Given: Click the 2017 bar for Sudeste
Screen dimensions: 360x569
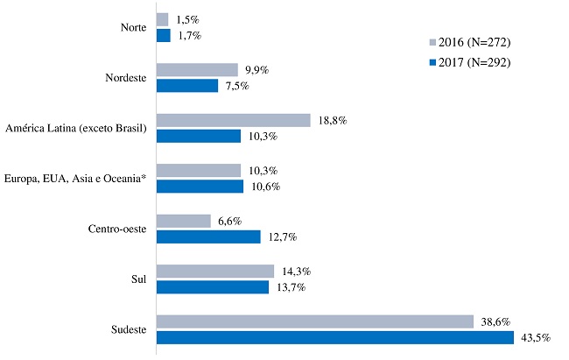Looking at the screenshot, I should (x=334, y=337).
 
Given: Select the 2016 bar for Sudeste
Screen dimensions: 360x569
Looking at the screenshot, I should (x=314, y=321).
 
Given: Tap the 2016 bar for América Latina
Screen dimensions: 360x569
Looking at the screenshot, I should (x=233, y=120).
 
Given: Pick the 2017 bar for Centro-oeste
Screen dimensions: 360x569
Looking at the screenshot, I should (x=208, y=236).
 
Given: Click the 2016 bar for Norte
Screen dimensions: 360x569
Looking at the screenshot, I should (x=162, y=19).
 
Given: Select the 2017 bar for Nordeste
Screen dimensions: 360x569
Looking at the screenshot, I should (x=186, y=86).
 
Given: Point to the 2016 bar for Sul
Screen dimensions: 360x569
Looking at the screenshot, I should (x=214, y=272).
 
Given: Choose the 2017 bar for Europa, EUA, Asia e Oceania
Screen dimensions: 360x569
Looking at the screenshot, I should (x=200, y=187).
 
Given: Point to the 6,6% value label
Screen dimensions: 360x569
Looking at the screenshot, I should (x=228, y=221).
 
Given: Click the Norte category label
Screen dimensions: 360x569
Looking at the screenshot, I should (x=133, y=28).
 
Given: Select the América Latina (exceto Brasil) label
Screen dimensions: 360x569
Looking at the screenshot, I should (x=75, y=129).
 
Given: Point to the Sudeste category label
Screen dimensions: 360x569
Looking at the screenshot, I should (x=127, y=330).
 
